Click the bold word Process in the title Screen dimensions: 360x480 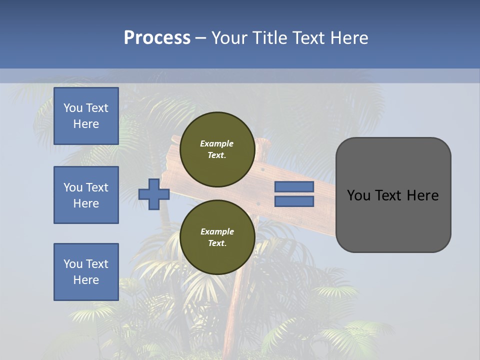click(x=157, y=38)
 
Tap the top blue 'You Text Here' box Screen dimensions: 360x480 click(x=86, y=116)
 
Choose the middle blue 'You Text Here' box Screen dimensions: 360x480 click(x=86, y=195)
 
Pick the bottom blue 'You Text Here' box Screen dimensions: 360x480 click(x=86, y=272)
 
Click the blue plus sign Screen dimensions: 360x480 click(x=154, y=193)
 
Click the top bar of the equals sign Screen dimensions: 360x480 click(x=294, y=187)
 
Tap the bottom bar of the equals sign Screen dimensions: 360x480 click(x=294, y=201)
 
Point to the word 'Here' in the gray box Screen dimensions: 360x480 click(x=423, y=195)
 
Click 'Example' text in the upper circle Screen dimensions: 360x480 click(x=216, y=143)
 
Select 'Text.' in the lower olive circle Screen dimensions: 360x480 click(x=217, y=243)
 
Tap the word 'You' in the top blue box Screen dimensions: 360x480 click(x=73, y=108)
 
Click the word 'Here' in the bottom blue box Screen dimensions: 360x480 click(x=86, y=280)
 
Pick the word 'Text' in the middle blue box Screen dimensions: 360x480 click(x=97, y=187)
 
